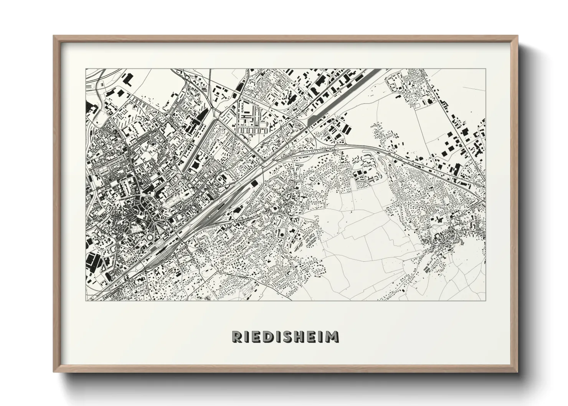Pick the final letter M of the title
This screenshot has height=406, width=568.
tap(332, 337)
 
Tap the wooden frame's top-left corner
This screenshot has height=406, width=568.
tap(54, 36)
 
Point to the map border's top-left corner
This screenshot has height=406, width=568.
tap(86, 69)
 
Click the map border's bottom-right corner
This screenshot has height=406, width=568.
tap(485, 300)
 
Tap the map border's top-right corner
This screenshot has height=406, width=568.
tap(485, 69)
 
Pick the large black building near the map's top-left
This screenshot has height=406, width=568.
tap(127, 80)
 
